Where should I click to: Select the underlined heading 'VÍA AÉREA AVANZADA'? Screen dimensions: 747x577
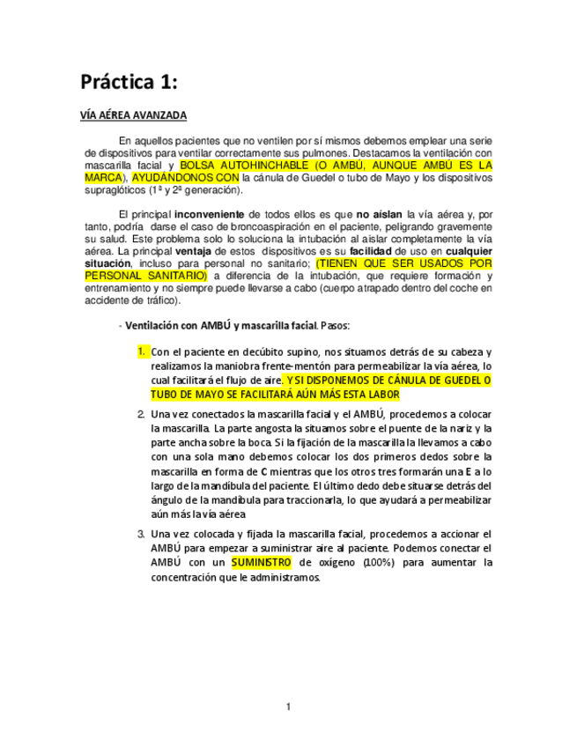[133, 116]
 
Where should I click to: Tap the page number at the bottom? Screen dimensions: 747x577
[287, 706]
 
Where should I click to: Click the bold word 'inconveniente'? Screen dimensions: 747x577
[211, 214]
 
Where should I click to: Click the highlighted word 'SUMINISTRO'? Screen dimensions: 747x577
[262, 562]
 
